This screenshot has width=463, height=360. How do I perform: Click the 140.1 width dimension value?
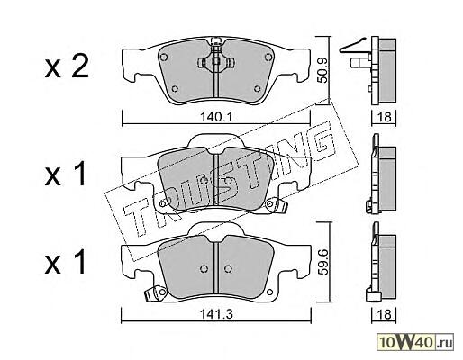[216, 117]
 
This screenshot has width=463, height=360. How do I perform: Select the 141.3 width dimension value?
[216, 314]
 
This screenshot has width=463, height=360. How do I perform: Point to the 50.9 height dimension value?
[322, 70]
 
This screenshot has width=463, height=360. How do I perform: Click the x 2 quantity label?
[67, 67]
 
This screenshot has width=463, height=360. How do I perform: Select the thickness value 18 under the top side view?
[385, 117]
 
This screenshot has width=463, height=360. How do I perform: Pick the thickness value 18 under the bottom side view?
[385, 314]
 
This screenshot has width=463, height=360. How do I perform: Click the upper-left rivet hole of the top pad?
[164, 57]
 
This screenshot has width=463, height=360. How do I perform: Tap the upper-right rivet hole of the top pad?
[268, 57]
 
